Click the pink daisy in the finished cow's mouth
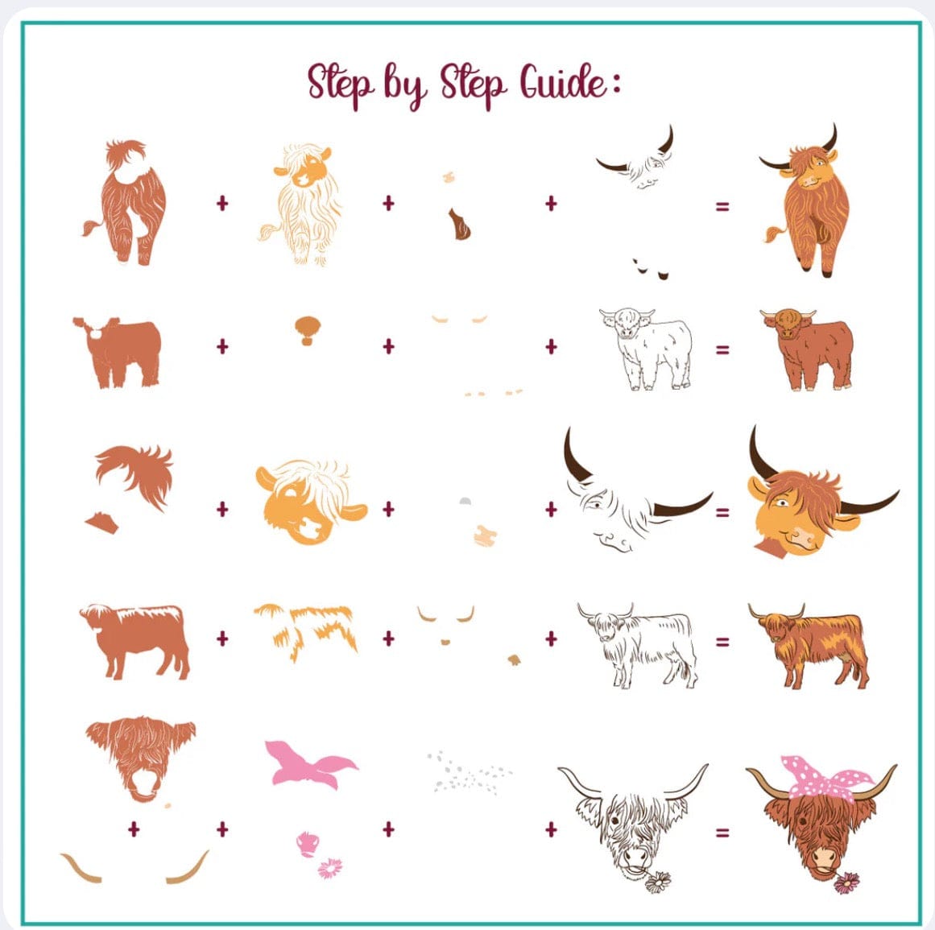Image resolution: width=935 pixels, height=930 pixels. [x=846, y=882]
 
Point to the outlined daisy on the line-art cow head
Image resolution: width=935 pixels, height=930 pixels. [x=658, y=882]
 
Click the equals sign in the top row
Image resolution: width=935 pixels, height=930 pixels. [x=722, y=206]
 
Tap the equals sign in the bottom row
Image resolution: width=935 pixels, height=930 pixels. [x=722, y=833]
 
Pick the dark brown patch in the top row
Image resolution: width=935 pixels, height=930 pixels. [x=458, y=224]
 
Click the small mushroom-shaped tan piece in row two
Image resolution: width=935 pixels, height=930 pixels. [x=308, y=330]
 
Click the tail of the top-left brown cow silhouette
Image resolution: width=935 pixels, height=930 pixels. [x=93, y=227]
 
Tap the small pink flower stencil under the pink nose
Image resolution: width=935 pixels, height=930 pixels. [x=329, y=869]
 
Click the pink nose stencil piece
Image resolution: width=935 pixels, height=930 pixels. [x=307, y=844]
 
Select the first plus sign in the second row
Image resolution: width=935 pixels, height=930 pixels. [x=222, y=345]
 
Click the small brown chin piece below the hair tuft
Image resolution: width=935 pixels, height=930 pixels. [x=102, y=523]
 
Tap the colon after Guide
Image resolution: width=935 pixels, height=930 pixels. [x=616, y=84]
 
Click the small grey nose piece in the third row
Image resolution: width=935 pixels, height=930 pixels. [x=465, y=501]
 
